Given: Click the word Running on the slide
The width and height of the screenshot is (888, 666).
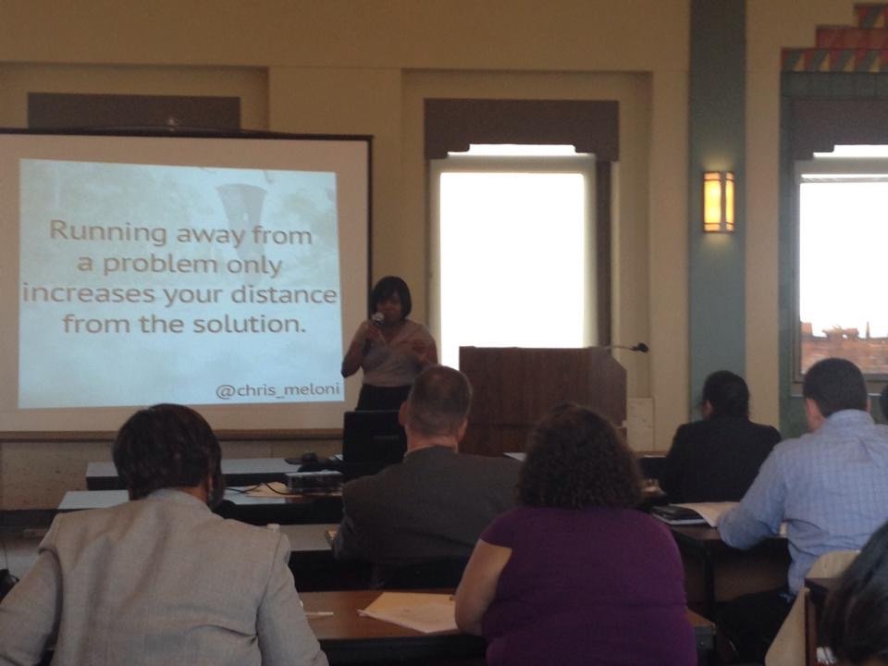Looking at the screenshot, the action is tap(108, 233).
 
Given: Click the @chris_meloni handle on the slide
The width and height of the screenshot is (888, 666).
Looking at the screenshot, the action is tap(277, 390).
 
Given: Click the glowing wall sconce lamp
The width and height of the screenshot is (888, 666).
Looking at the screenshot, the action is tap(719, 202).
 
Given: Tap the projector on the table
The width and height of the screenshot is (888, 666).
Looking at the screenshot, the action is tap(314, 481).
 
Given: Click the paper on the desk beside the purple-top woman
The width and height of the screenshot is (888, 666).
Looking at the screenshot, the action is tap(409, 611).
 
